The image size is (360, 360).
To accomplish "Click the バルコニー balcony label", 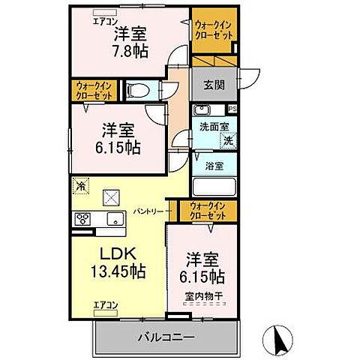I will click(x=166, y=337).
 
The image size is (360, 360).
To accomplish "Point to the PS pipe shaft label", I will click(x=232, y=109).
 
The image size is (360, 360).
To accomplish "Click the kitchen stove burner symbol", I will click(x=82, y=219).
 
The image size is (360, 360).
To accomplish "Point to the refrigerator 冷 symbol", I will click(x=79, y=184).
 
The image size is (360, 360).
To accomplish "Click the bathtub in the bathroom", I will click(x=214, y=187).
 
